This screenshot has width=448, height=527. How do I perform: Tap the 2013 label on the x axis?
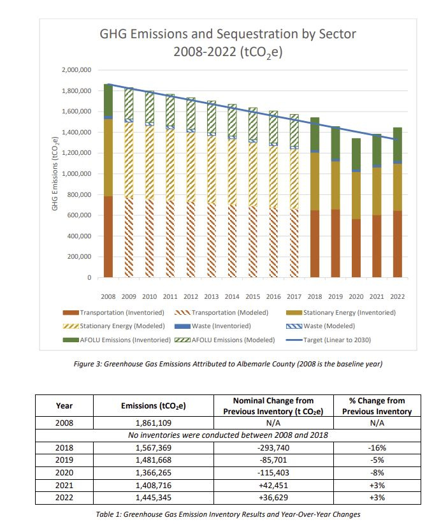(212, 296)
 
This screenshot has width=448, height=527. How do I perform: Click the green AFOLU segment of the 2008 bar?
(108, 99)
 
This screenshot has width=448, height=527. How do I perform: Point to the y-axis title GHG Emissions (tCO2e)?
(55, 173)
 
